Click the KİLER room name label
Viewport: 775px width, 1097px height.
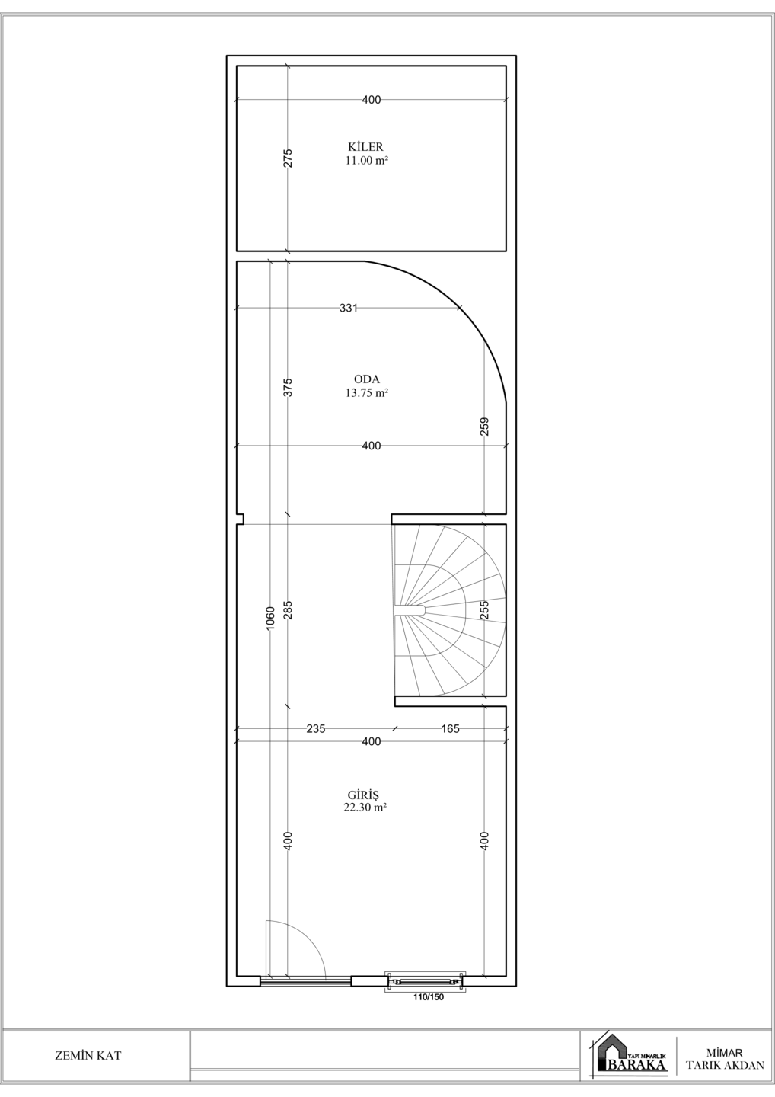365,146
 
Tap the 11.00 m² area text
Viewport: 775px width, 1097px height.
367,160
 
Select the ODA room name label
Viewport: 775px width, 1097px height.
367,379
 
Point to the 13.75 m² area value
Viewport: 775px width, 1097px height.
367,393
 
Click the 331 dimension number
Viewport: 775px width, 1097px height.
349,308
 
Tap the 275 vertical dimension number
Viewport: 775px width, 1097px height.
288,158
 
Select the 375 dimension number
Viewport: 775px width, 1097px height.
288,387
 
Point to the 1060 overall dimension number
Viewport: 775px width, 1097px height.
270,619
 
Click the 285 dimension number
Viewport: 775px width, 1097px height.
288,610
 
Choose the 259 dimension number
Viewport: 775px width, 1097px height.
484,427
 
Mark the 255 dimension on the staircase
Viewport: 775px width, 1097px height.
484,610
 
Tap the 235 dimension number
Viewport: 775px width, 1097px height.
316,729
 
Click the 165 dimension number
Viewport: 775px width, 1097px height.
450,729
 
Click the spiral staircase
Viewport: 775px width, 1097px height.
449,610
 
